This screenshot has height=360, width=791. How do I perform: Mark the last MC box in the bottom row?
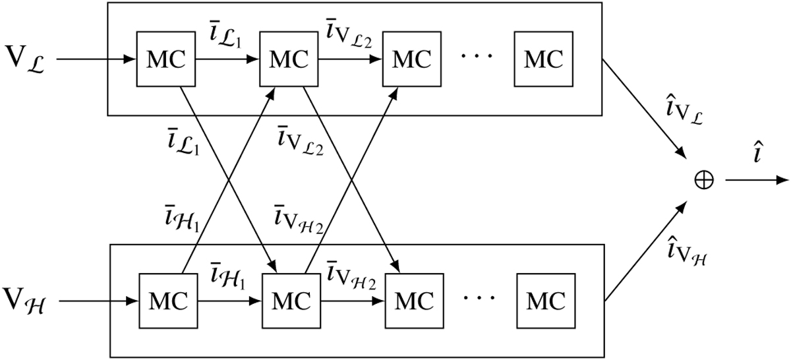[546, 301]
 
